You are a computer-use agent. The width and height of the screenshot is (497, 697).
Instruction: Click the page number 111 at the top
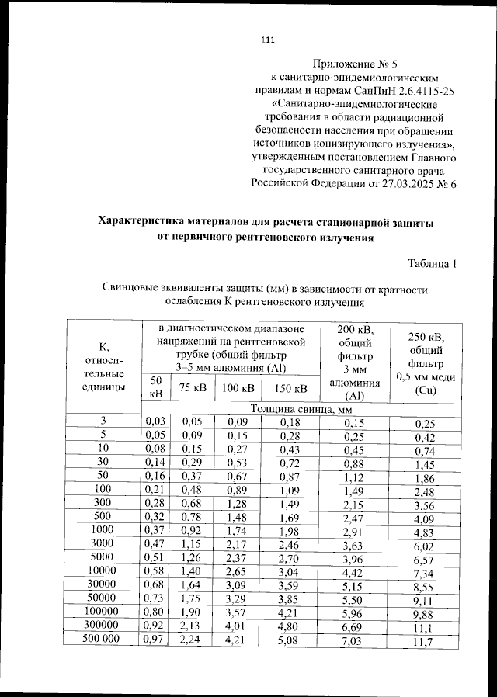[269, 40]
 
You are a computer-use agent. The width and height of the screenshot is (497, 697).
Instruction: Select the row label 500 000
[103, 640]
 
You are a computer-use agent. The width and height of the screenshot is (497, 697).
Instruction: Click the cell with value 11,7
[423, 643]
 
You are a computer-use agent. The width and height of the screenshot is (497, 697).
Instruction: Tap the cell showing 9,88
[423, 615]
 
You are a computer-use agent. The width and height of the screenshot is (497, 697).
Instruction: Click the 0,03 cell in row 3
[155, 421]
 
